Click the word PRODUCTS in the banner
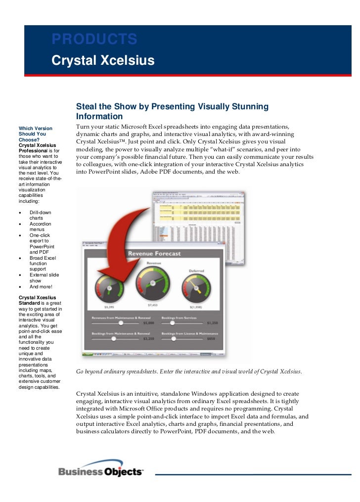pyautogui.click(x=94, y=39)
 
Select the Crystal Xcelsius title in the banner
pyautogui.click(x=103, y=60)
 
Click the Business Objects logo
pyautogui.click(x=101, y=471)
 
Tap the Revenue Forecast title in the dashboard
pyautogui.click(x=154, y=254)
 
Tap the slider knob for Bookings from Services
pyautogui.click(x=172, y=322)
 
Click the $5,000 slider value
pyautogui.click(x=149, y=323)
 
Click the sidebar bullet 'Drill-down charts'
pyautogui.click(x=40, y=215)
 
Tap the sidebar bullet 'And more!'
pyautogui.click(x=41, y=286)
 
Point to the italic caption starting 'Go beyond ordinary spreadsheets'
pyautogui.click(x=188, y=371)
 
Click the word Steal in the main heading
pyautogui.click(x=87, y=106)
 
